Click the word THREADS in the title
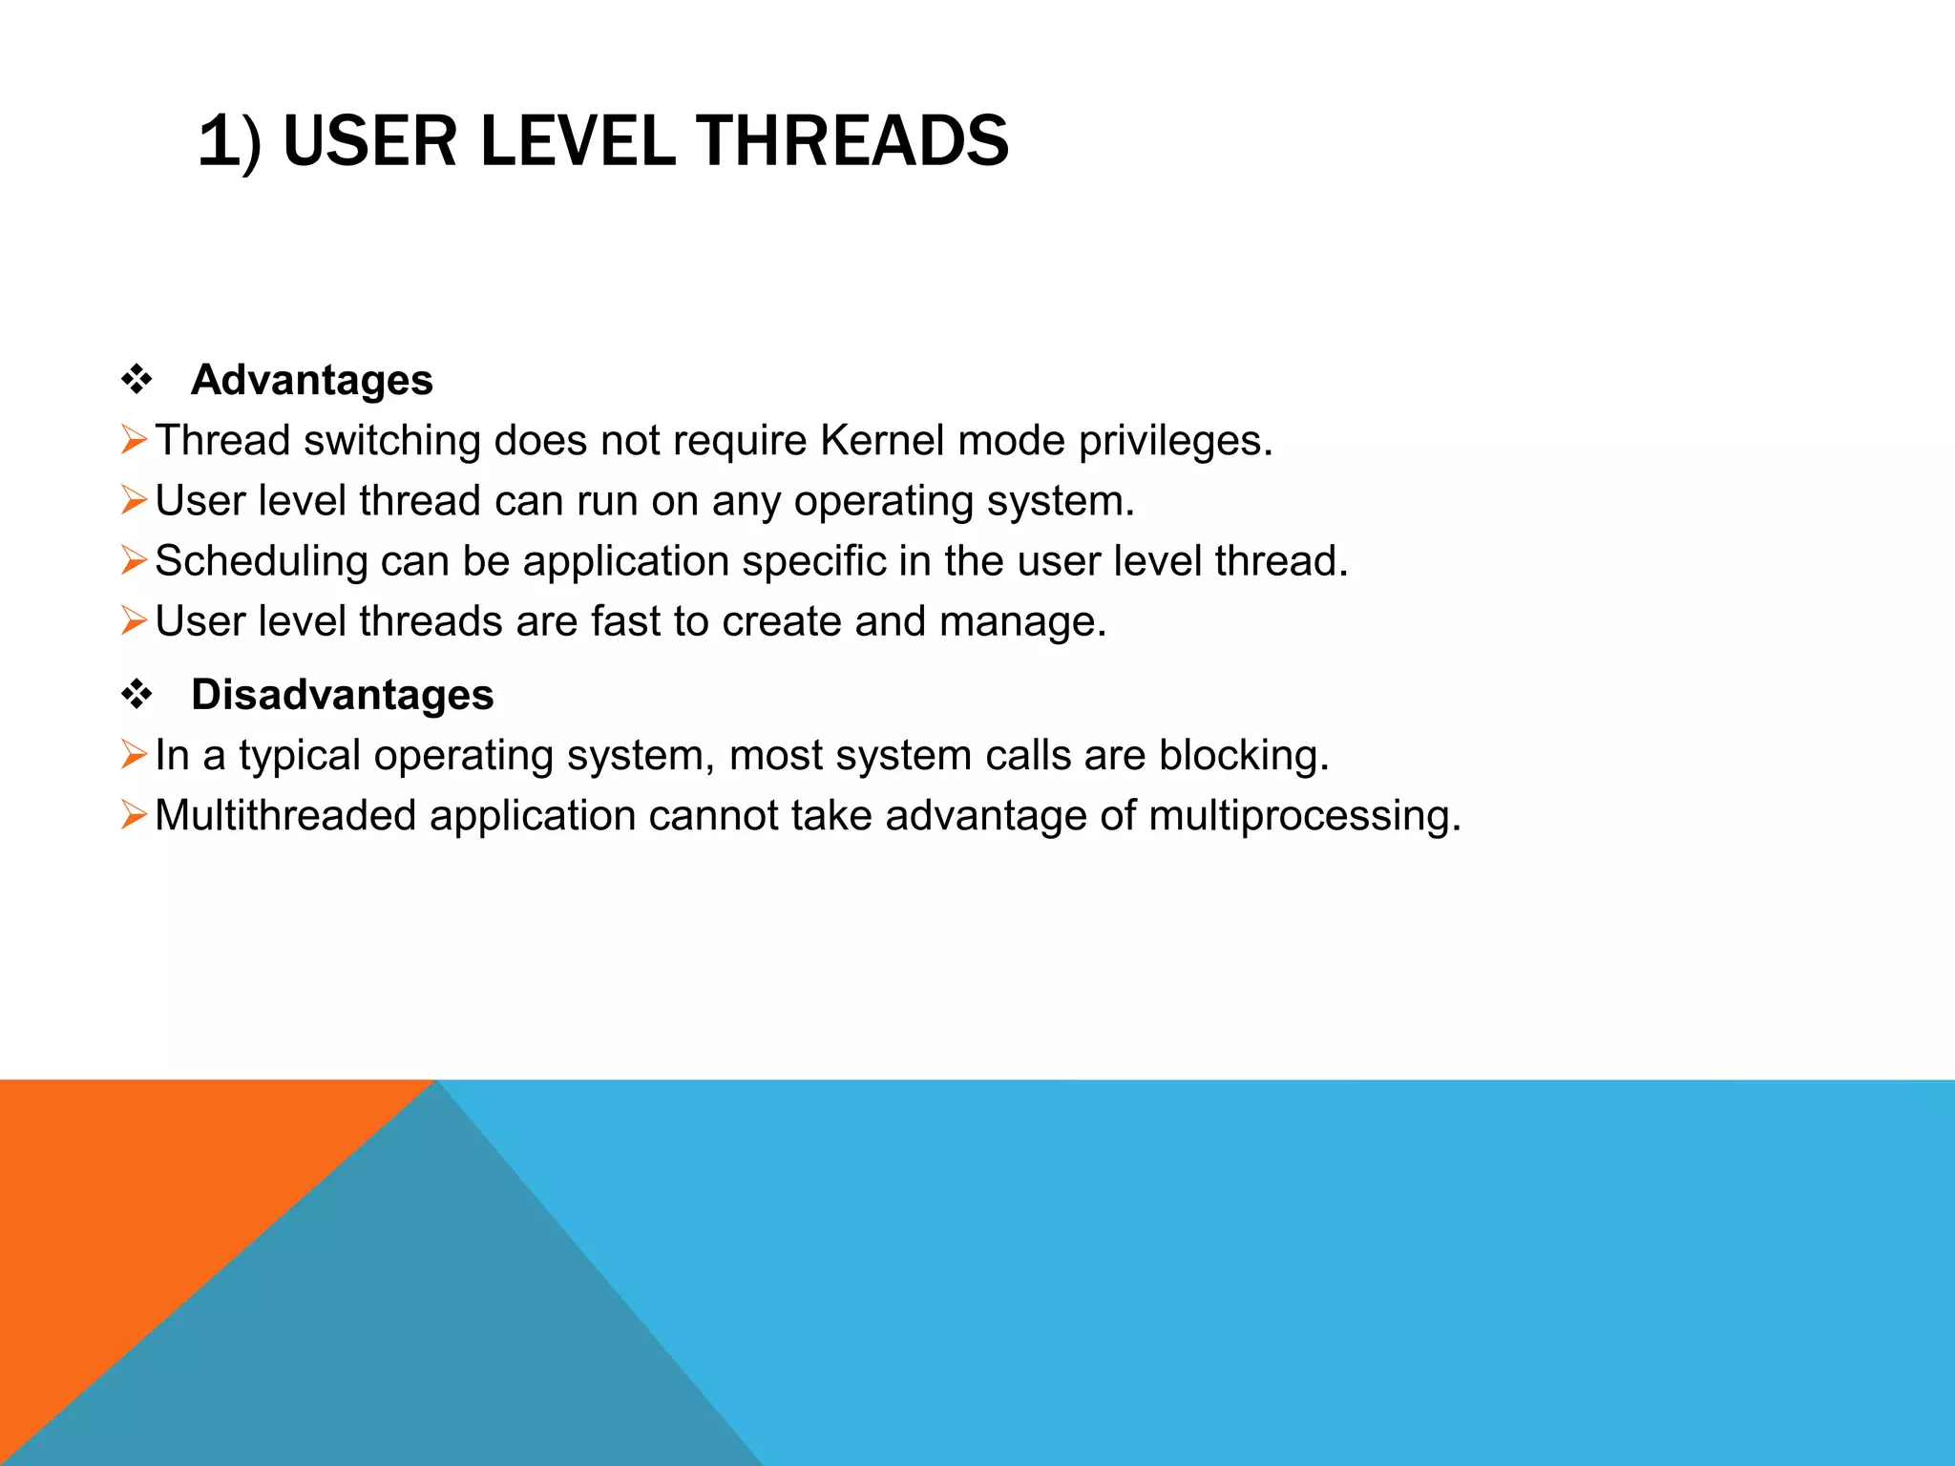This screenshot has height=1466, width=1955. (x=851, y=141)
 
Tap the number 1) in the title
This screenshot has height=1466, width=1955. (x=229, y=141)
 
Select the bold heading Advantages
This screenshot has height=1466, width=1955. (x=311, y=380)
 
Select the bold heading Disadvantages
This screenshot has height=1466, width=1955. (x=342, y=695)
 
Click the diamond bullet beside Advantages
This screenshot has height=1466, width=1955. (x=137, y=380)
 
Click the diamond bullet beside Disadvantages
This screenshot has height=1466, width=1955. (x=137, y=695)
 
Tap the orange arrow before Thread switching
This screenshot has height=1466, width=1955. (x=134, y=441)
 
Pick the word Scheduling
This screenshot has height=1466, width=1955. (x=262, y=562)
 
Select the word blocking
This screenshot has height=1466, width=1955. (x=1243, y=756)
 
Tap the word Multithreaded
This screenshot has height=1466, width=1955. (x=285, y=816)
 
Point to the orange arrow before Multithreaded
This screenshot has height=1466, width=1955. (x=134, y=815)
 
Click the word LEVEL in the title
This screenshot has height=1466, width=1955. (x=578, y=141)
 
